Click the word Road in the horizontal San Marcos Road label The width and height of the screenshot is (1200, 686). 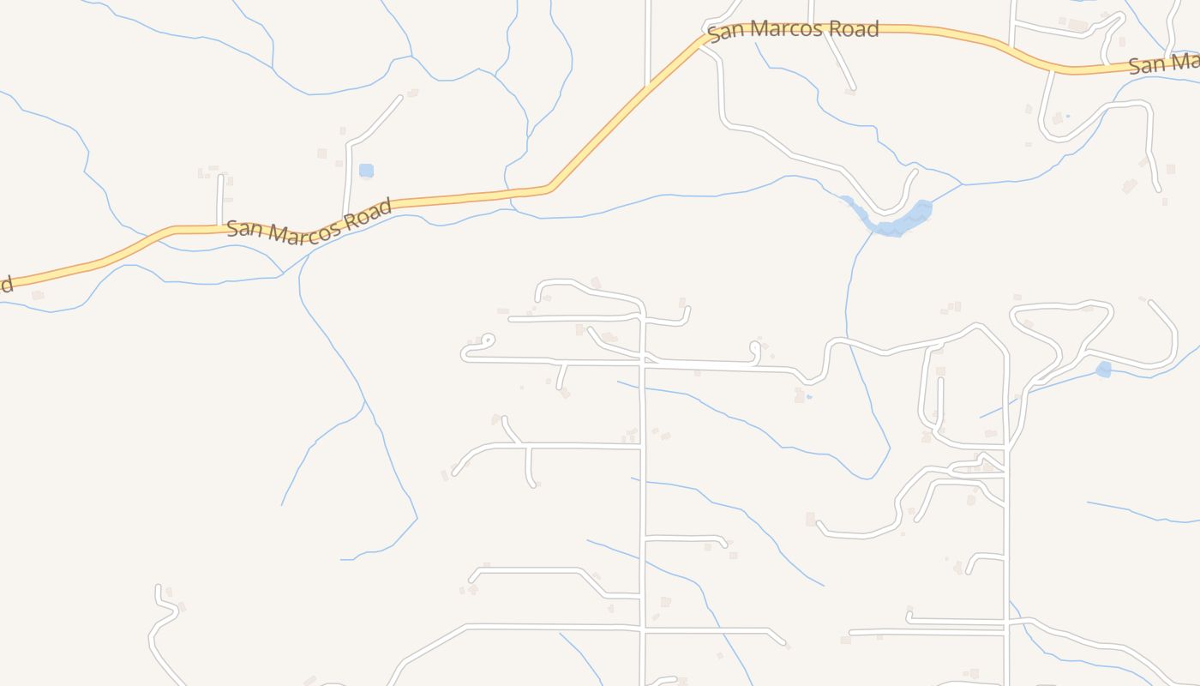click(x=848, y=29)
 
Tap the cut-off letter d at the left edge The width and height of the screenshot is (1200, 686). click(x=6, y=284)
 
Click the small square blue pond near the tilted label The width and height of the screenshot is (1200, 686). click(x=366, y=171)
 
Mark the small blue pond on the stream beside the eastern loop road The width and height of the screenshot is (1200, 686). click(x=1103, y=370)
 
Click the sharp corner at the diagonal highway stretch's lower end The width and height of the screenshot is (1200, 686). click(x=549, y=188)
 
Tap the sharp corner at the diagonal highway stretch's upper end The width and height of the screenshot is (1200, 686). click(x=708, y=37)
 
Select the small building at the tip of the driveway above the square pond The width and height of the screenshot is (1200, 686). click(x=412, y=92)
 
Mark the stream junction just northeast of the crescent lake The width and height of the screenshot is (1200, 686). click(x=962, y=184)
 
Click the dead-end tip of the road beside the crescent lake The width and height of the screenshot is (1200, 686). click(x=915, y=171)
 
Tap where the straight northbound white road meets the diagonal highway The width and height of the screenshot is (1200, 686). click(x=647, y=85)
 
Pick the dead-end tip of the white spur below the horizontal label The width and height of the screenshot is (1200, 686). click(x=853, y=87)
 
